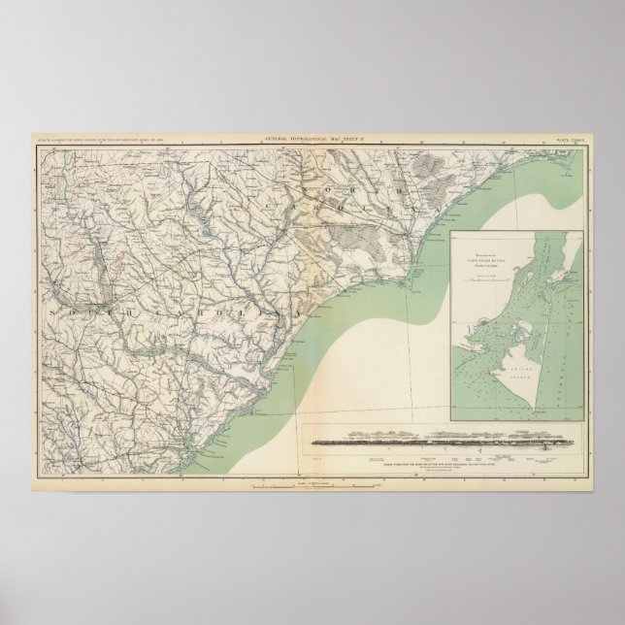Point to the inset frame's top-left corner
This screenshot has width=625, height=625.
pos(452,231)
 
